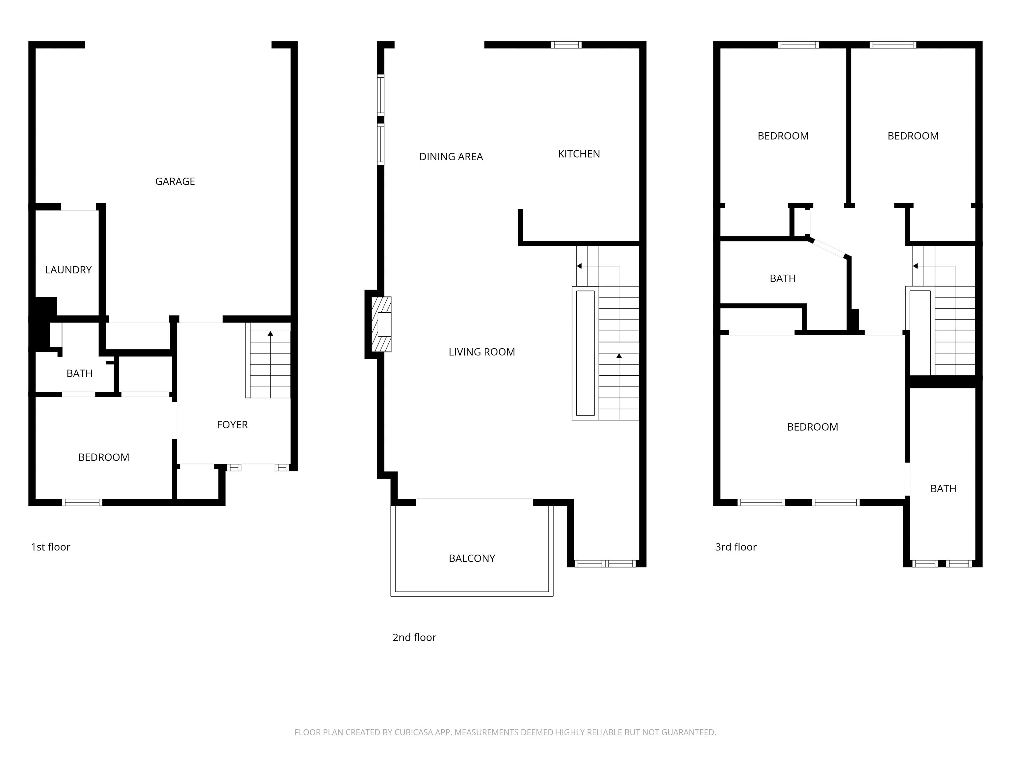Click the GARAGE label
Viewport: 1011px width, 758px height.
[175, 181]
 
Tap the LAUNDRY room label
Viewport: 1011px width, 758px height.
[68, 270]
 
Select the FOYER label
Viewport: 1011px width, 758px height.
[232, 425]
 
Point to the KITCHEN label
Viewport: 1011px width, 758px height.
[579, 154]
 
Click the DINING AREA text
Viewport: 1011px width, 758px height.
[451, 157]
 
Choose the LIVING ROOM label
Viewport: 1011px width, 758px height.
[482, 352]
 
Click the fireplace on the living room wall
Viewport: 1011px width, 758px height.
[381, 324]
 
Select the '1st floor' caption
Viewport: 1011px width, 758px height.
[50, 547]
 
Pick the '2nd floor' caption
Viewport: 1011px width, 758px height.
[414, 637]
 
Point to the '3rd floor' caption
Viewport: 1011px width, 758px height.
[736, 547]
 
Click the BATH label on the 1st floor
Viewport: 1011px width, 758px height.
[80, 374]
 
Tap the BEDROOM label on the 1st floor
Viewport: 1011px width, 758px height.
[104, 457]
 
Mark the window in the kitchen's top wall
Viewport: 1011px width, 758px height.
[566, 45]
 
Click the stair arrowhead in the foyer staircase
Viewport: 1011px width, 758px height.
[271, 334]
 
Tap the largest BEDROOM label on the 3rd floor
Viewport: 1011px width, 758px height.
[813, 427]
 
